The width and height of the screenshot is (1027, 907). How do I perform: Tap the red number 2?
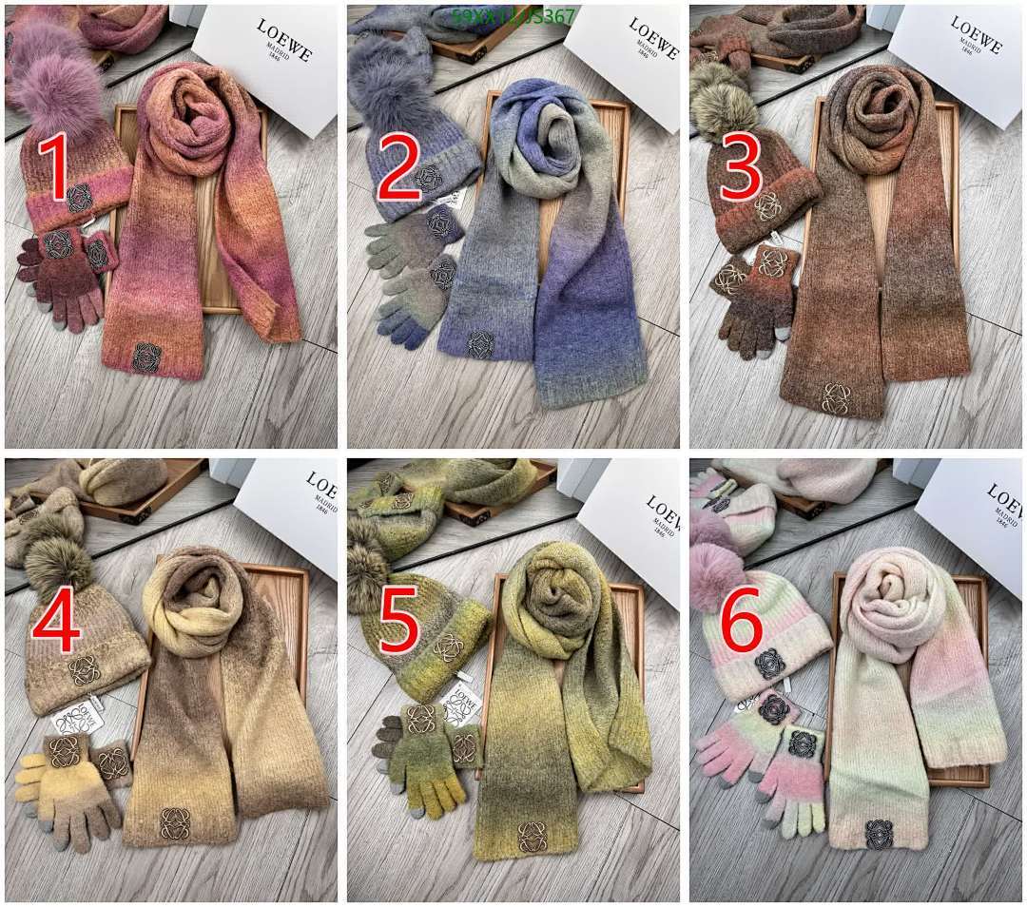398,168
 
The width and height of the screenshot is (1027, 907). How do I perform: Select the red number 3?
742,168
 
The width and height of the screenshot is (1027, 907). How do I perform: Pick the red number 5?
398,619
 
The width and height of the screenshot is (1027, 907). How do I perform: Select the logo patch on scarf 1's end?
145,357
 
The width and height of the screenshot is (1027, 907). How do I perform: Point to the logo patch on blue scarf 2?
480,344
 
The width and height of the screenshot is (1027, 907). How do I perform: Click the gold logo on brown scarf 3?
836,396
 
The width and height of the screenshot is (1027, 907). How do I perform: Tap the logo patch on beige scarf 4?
175,822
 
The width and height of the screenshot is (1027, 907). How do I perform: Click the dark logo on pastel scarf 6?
880,834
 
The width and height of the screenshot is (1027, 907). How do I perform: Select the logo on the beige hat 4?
85,669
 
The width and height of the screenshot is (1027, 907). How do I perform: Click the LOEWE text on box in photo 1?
283,40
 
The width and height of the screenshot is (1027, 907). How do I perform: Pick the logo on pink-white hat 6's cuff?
769,663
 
